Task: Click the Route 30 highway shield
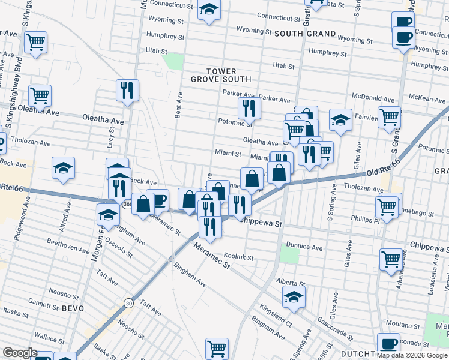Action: tap(128, 304)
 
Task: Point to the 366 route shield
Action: tap(128, 205)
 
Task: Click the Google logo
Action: tap(20, 353)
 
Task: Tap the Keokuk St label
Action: tap(238, 257)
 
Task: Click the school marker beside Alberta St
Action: tap(294, 296)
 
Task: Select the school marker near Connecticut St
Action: tap(209, 10)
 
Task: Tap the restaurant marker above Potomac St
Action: tap(248, 108)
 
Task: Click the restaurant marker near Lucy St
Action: tap(127, 91)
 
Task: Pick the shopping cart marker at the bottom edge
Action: tap(217, 348)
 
